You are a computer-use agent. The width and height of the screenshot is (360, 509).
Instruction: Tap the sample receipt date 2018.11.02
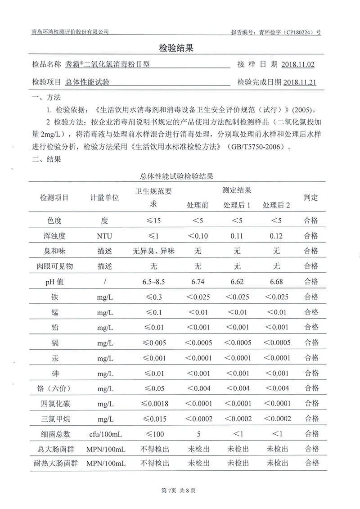pyautogui.click(x=297, y=64)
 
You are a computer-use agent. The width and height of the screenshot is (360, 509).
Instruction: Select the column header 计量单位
pyautogui.click(x=104, y=198)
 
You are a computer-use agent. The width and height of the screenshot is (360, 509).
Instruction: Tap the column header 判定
pyautogui.click(x=311, y=198)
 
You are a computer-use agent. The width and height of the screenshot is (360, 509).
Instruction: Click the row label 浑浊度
pyautogui.click(x=60, y=235)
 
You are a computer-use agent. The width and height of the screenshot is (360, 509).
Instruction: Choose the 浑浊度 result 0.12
pyautogui.click(x=276, y=235)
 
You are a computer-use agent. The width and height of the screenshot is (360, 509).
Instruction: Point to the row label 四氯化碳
pyautogui.click(x=60, y=403)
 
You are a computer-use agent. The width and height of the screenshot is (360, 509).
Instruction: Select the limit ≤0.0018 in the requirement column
pyautogui.click(x=153, y=403)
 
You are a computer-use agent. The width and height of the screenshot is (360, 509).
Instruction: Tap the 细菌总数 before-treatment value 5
pyautogui.click(x=198, y=434)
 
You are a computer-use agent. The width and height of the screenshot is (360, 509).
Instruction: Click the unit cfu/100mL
pyautogui.click(x=104, y=434)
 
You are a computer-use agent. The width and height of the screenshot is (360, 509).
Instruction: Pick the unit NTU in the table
pyautogui.click(x=104, y=235)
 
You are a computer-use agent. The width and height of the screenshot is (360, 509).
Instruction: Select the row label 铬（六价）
pyautogui.click(x=60, y=388)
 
